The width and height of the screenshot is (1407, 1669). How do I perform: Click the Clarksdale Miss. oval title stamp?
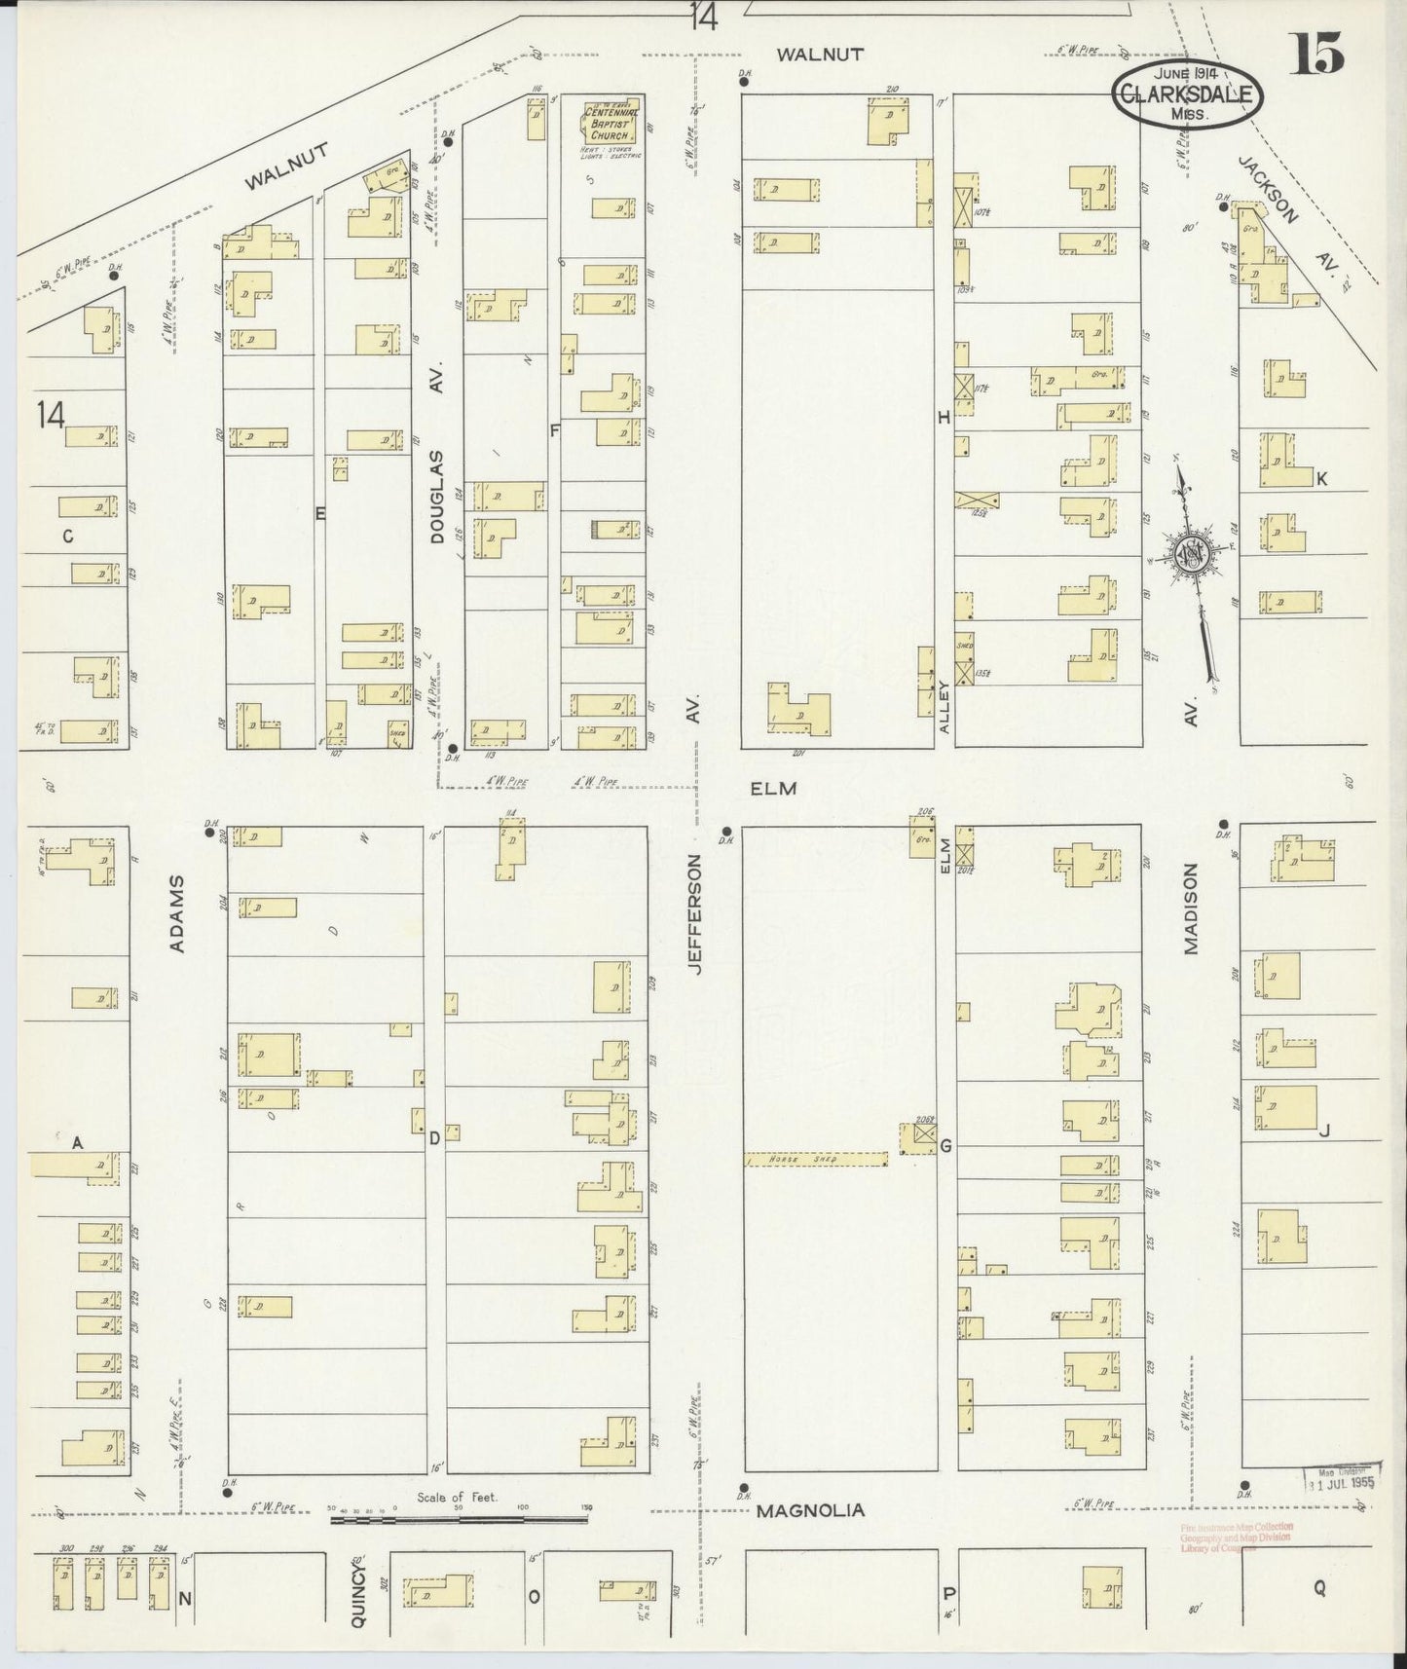point(1188,94)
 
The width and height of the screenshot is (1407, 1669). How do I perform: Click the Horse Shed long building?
point(816,1160)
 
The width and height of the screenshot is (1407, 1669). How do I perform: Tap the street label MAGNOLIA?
point(810,1510)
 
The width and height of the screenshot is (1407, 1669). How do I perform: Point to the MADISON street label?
point(1191,909)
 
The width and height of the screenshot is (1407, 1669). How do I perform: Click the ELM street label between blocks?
point(774,788)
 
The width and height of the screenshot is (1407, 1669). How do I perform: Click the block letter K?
point(1321,479)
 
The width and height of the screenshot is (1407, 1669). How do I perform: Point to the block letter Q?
point(1319,1588)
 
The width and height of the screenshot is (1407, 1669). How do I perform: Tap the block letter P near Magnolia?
point(947,1593)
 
